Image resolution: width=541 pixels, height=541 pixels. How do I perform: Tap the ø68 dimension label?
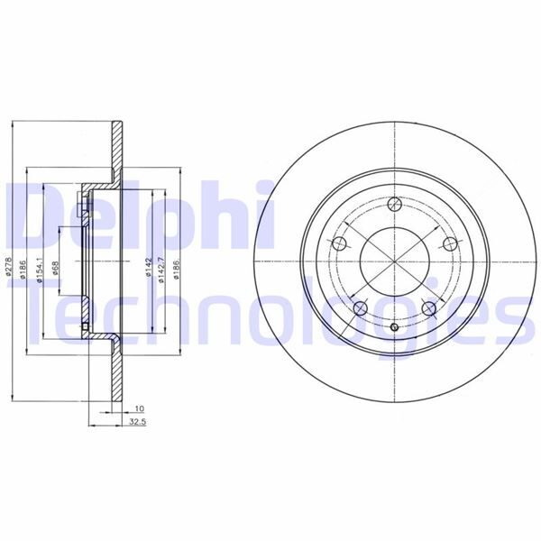point(56,268)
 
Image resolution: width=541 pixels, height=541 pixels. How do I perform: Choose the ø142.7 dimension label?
point(160,269)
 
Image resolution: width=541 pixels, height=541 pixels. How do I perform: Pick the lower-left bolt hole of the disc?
point(360,309)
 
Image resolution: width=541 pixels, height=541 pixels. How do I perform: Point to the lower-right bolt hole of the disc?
point(429,309)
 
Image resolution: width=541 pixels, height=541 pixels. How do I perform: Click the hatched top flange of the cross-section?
point(115,149)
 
